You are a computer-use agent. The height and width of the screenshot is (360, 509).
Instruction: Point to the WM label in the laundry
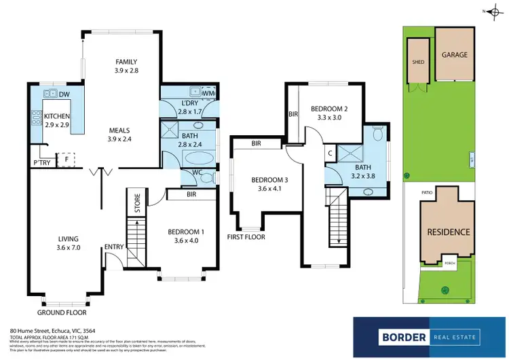pyautogui.click(x=208, y=93)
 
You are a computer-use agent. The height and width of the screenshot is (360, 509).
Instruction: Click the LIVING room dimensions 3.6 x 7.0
pyautogui.click(x=68, y=249)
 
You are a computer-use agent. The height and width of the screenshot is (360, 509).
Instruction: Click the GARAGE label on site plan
pyautogui.click(x=455, y=55)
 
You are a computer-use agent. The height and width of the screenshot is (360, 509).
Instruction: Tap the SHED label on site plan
pyautogui.click(x=417, y=61)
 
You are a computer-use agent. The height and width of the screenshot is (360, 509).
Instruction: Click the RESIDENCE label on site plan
pyautogui.click(x=448, y=232)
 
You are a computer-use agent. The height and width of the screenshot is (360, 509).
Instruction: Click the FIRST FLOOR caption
pyautogui.click(x=247, y=237)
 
